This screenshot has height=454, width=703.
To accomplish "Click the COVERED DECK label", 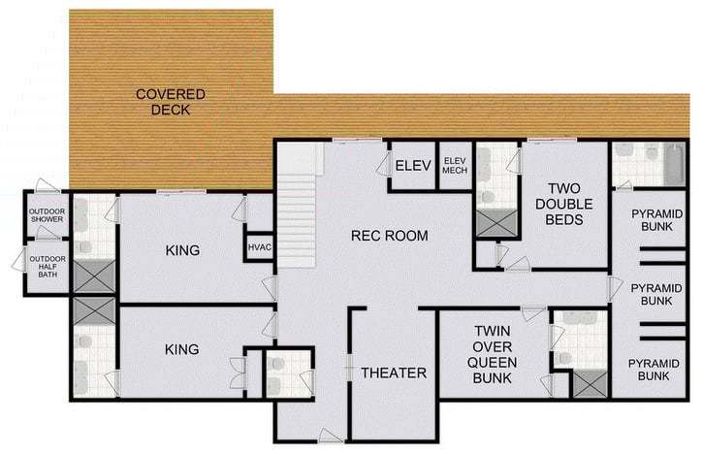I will (x=170, y=102).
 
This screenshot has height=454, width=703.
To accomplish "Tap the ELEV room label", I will (x=412, y=166).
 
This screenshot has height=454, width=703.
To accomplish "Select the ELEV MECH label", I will (x=454, y=166).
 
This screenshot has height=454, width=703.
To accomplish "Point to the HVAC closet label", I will (x=259, y=248).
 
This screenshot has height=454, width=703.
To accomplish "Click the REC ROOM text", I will (x=389, y=236).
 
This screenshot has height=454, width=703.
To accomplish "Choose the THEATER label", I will (x=394, y=373).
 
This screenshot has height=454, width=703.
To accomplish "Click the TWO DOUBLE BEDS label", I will (x=564, y=205).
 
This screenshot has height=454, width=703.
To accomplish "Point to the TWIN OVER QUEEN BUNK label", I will (x=492, y=354).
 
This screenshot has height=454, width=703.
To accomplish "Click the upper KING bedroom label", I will (x=182, y=250).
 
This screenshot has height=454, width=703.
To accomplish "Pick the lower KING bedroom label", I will (x=182, y=349).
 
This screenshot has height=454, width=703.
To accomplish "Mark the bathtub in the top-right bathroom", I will (x=673, y=165).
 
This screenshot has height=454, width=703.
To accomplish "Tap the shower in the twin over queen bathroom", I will (x=588, y=384).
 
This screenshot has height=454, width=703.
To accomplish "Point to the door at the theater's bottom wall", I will (x=330, y=437).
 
